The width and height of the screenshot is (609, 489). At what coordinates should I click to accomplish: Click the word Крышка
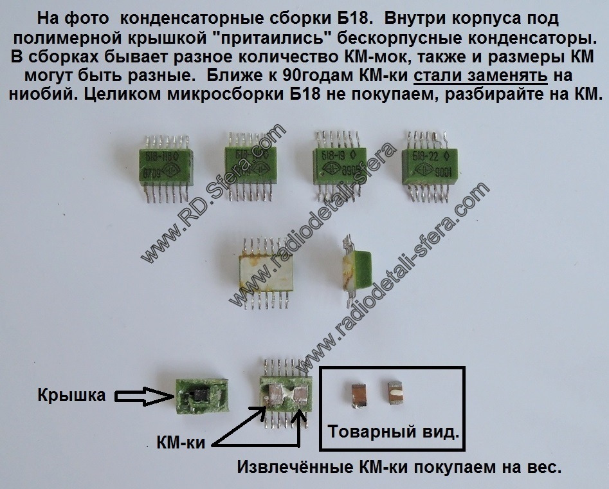(71, 394)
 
